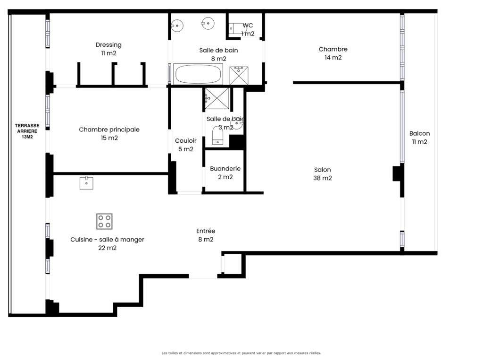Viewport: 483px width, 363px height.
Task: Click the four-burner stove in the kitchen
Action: pos(104,221)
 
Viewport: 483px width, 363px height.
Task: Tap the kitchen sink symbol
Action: pos(86,183)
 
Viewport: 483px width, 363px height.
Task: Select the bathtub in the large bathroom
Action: pos(198,74)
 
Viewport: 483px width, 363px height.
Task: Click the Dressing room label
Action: pos(109,49)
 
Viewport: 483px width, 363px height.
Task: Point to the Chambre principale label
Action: pos(109,134)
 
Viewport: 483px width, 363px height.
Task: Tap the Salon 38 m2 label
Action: pos(323,174)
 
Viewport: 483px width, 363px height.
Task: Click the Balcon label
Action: pos(419,138)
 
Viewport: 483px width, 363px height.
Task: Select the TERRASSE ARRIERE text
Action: pos(27,128)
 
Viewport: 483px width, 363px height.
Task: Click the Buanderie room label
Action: pos(225,173)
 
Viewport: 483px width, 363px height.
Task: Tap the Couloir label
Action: pos(186,145)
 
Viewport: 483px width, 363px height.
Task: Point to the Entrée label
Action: pos(206,235)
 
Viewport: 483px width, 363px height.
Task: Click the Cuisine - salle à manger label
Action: pos(107,243)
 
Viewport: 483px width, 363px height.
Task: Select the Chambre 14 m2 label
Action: pos(333,53)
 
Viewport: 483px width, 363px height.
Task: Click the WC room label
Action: pos(248,29)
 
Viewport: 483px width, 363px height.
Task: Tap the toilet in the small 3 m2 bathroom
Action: pos(217,136)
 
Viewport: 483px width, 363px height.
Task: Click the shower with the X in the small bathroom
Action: pos(217,98)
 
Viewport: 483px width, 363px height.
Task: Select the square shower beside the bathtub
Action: pos(239,76)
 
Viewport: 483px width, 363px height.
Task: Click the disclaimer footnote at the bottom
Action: pos(241,353)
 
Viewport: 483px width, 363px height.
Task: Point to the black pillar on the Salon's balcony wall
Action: pos(398,173)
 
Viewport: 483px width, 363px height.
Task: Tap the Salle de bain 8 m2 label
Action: pos(218,54)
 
